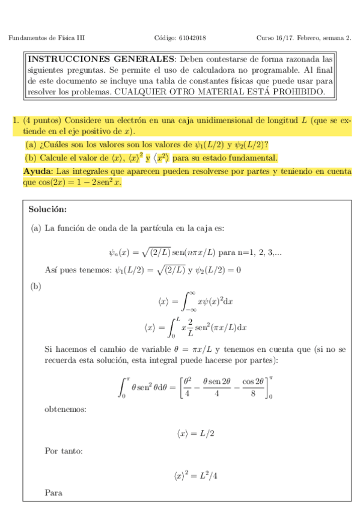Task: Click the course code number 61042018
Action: pyautogui.click(x=193, y=38)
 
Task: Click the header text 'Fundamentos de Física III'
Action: pyautogui.click(x=47, y=38)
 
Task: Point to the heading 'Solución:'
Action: pyautogui.click(x=47, y=209)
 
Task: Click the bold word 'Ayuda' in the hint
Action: pyautogui.click(x=29, y=171)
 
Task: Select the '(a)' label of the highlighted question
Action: pyautogui.click(x=31, y=145)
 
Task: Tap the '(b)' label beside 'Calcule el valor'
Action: pyautogui.click(x=31, y=158)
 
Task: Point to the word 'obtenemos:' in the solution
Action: pyautogui.click(x=65, y=410)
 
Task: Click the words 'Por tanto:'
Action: pyautogui.click(x=64, y=450)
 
